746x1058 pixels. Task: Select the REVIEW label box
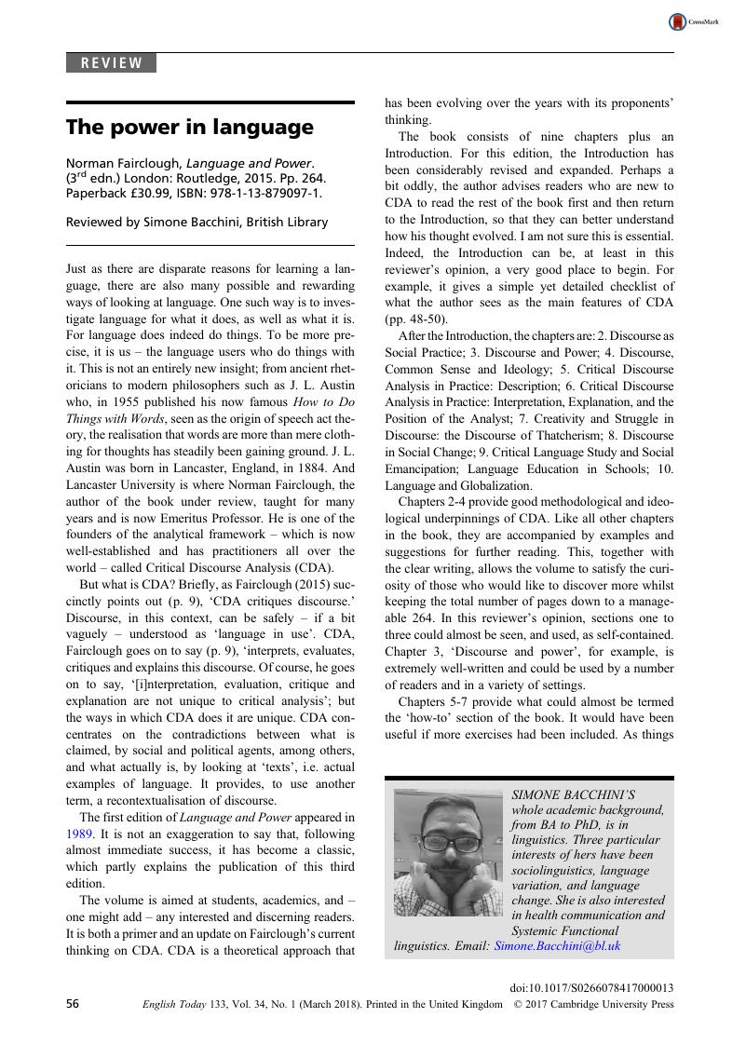click(111, 63)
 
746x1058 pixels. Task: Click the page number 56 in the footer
click(73, 1004)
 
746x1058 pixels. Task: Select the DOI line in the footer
click(592, 986)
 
